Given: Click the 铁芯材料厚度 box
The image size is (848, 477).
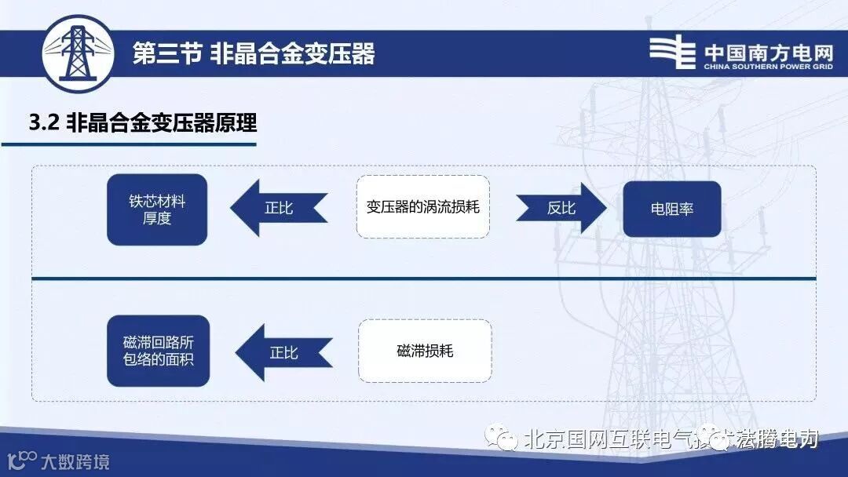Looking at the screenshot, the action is point(157,209).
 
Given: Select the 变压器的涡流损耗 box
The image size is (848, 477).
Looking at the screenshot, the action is point(422,207).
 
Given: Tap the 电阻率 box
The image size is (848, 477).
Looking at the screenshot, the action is point(671,209).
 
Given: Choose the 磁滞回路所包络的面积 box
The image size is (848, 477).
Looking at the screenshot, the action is point(158,351).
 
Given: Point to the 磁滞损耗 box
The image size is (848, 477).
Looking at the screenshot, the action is point(425,351).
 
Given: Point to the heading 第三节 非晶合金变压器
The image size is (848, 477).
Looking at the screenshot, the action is point(254,53).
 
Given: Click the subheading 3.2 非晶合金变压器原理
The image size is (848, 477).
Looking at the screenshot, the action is point(142,123).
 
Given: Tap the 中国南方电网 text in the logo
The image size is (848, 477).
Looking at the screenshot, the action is point(768,52).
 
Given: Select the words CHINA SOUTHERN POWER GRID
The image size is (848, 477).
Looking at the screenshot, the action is point(768,67).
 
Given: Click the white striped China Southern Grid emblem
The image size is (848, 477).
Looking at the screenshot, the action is point(672,53).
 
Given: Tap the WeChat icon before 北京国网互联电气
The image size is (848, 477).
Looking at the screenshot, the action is point(500,438).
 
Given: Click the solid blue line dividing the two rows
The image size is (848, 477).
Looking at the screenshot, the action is point(424,279).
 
